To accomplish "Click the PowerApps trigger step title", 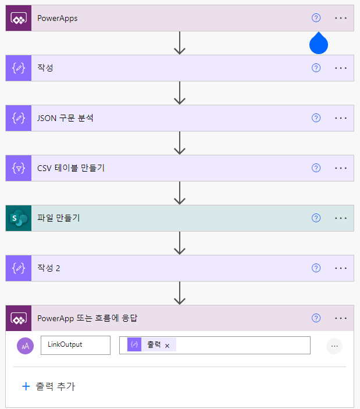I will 58,18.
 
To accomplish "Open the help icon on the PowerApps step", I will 316,18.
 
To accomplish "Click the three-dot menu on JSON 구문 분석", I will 341,118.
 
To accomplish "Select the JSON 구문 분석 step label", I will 65,118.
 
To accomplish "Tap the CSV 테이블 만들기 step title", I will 71,168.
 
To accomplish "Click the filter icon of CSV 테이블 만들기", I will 18,168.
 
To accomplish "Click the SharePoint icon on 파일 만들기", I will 18,218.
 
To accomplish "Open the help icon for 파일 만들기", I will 316,218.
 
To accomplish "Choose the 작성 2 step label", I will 49,268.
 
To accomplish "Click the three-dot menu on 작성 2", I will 341,268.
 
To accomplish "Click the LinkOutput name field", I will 75,344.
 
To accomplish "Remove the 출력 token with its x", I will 167,346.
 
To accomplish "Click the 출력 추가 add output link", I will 49,386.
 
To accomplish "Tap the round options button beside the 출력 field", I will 334,346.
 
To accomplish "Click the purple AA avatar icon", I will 26,346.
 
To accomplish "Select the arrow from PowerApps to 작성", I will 180,44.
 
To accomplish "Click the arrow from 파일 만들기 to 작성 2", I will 180,243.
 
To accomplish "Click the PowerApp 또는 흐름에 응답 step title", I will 87,318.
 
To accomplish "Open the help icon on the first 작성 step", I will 316,68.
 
